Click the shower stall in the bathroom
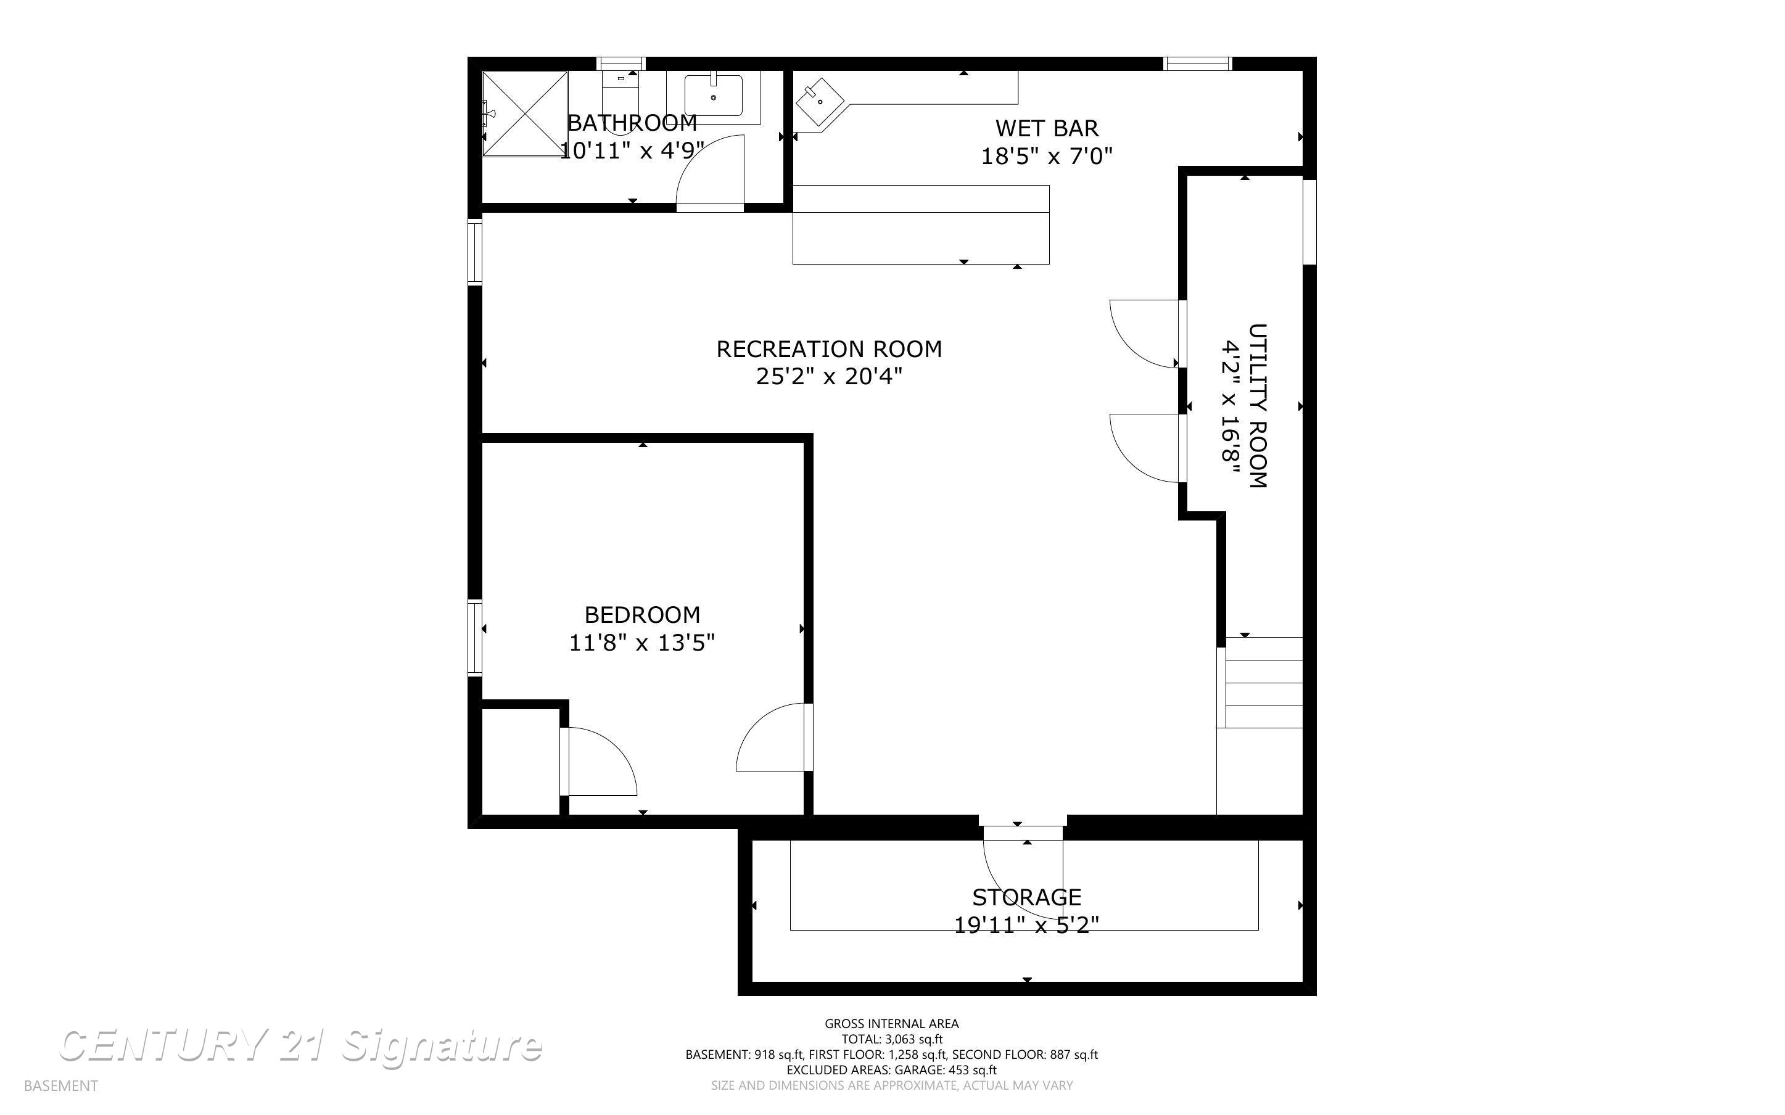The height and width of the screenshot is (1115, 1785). [x=525, y=113]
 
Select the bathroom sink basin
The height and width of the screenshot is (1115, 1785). [x=713, y=96]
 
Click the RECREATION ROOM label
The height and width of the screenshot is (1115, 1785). [x=829, y=349]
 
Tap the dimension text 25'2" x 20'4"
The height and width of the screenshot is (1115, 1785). [x=829, y=377]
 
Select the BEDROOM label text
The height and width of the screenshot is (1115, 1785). [x=641, y=614]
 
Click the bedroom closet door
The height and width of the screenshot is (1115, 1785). [x=597, y=762]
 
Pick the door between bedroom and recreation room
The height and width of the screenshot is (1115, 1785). [x=774, y=738]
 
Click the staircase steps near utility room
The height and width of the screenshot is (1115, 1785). [x=1263, y=682]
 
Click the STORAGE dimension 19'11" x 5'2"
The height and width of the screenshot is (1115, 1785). [x=1026, y=924]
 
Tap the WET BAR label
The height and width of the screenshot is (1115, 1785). [x=1046, y=128]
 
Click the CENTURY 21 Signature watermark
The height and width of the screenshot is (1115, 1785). [x=300, y=1047]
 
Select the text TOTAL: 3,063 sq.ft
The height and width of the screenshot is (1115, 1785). [x=891, y=1039]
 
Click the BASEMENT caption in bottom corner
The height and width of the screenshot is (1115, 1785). [x=60, y=1085]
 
